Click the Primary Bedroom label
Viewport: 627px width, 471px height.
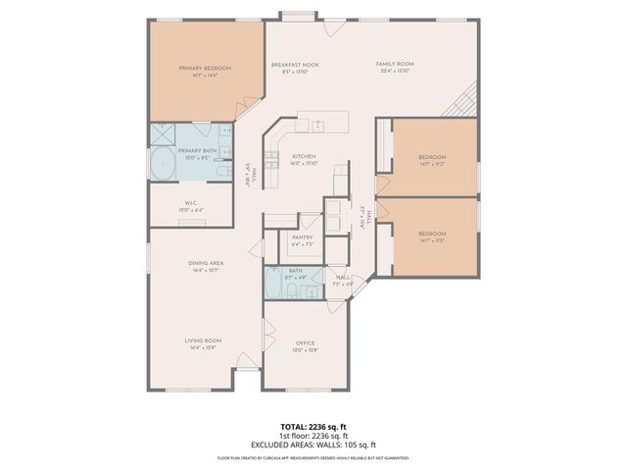pyautogui.click(x=205, y=68)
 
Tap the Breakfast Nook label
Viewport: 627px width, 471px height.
pyautogui.click(x=295, y=64)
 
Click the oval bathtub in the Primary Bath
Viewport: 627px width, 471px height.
pyautogui.click(x=162, y=163)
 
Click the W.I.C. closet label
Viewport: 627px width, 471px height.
pyautogui.click(x=190, y=204)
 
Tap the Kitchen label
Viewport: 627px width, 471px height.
pyautogui.click(x=303, y=157)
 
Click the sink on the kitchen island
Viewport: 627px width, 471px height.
pyautogui.click(x=317, y=125)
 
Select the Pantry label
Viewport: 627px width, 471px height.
pyautogui.click(x=302, y=238)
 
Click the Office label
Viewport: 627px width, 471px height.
pyautogui.click(x=305, y=342)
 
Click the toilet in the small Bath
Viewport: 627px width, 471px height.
pyautogui.click(x=317, y=274)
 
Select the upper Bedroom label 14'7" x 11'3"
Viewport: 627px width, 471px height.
pyautogui.click(x=432, y=157)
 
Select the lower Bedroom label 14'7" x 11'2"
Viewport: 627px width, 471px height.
pyautogui.click(x=432, y=234)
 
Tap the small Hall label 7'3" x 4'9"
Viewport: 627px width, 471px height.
pyautogui.click(x=343, y=279)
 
